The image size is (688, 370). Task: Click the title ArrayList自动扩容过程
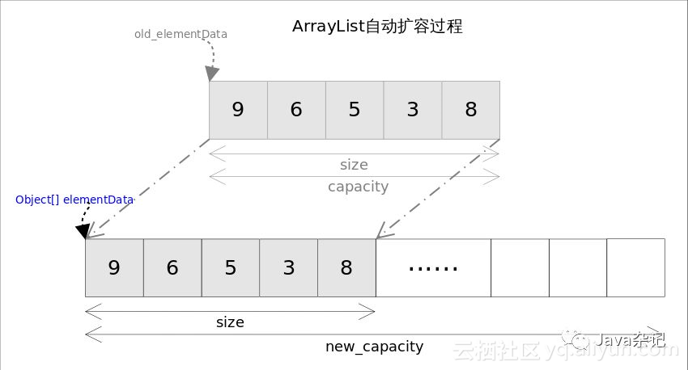click(x=376, y=27)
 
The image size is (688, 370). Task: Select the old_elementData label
click(x=180, y=35)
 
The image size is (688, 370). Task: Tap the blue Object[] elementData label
click(x=74, y=200)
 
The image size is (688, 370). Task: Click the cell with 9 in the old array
click(x=238, y=110)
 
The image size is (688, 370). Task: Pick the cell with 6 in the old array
click(x=296, y=110)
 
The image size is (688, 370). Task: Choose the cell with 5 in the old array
click(x=355, y=110)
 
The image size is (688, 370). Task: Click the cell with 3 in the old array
click(x=413, y=110)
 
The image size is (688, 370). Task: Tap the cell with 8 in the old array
click(x=471, y=110)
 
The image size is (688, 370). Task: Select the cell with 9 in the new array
click(x=114, y=267)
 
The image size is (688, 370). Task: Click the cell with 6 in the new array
click(x=172, y=267)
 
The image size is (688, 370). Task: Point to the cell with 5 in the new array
click(x=231, y=267)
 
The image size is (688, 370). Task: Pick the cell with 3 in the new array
click(x=289, y=267)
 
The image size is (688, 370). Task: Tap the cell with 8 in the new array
click(x=346, y=267)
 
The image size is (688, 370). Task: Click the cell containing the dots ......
click(x=433, y=267)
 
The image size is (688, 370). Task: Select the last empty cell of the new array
click(x=635, y=267)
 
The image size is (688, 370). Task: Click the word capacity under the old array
click(x=358, y=187)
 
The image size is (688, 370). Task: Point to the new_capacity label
click(x=374, y=347)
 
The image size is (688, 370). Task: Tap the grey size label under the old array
click(x=354, y=165)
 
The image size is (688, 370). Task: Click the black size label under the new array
click(x=230, y=322)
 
